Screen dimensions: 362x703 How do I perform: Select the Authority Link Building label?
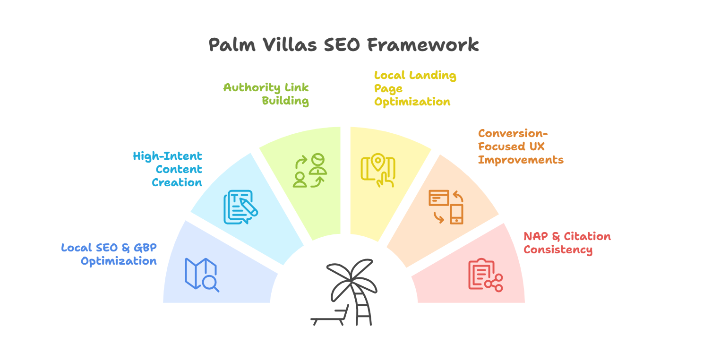[266, 94]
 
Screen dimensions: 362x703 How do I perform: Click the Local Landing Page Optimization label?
[415, 88]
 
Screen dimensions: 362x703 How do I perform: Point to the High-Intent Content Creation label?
[168, 169]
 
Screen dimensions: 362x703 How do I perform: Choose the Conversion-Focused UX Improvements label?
[520, 147]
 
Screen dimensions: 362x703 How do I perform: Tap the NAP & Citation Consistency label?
[567, 243]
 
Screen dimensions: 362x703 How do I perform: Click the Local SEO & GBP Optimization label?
[109, 254]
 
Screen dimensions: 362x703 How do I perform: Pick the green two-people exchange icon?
[310, 171]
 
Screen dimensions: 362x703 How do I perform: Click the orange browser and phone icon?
[446, 207]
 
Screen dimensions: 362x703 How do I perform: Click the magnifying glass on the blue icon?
[210, 283]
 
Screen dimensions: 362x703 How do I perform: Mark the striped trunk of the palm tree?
[363, 307]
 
